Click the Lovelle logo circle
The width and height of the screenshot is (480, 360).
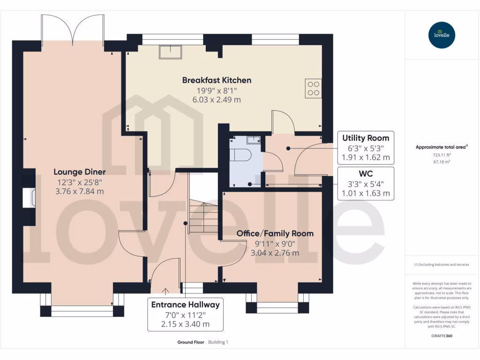coord(442,35)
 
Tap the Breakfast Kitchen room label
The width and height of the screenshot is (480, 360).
coord(217,80)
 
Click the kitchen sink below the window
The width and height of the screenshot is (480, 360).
coord(171,52)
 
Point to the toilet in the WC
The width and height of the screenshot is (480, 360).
coord(242,155)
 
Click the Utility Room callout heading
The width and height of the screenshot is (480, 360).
coord(366,138)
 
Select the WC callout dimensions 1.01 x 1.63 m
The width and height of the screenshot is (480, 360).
coord(366,193)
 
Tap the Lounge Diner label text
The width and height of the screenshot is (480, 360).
coord(79,172)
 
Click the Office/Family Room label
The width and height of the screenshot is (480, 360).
coord(275,233)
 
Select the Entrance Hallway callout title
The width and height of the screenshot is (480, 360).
coord(185,305)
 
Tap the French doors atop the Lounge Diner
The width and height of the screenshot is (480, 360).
coord(73,29)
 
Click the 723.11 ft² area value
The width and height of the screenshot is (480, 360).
coord(442,154)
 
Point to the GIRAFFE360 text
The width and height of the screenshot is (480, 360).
coord(442,336)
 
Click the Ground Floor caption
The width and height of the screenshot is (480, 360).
coord(190,342)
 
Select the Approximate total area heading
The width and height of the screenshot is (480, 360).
coord(441,147)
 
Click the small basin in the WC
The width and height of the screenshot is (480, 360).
coord(253,139)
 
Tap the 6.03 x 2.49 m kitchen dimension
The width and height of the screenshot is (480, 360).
coord(217,99)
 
